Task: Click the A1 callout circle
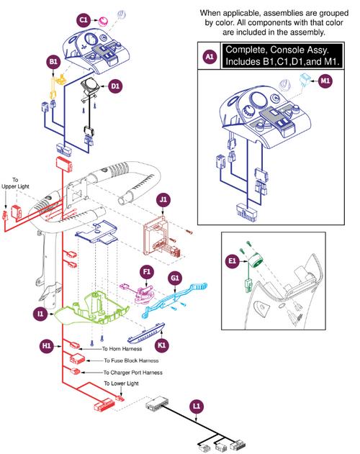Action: click(x=210, y=55)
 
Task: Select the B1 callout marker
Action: click(x=53, y=63)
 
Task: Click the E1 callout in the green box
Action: click(x=232, y=261)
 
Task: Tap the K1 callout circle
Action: click(x=163, y=345)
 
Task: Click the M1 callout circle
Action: click(x=326, y=81)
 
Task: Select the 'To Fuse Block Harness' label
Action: click(x=131, y=360)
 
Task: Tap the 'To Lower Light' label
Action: click(x=119, y=384)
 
